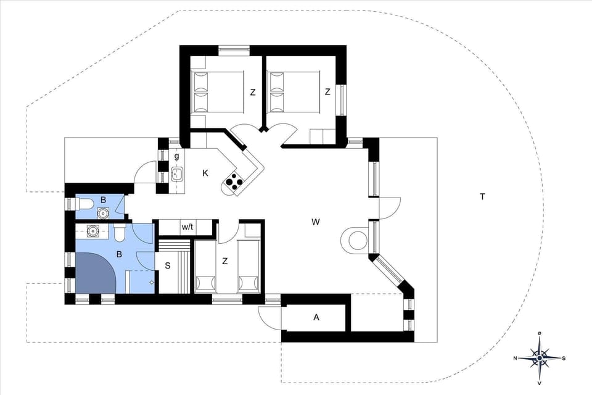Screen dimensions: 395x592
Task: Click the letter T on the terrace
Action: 482,197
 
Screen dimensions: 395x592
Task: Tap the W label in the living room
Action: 315,221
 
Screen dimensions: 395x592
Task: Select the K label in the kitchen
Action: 205,173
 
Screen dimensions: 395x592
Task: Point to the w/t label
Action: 187,227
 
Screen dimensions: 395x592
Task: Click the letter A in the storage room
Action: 316,318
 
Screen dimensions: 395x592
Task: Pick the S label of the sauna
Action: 166,267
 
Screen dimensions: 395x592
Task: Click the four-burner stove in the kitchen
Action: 235,180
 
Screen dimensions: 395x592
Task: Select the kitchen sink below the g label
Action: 177,174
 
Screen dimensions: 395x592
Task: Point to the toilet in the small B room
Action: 84,202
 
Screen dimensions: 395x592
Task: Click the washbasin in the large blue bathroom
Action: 93,232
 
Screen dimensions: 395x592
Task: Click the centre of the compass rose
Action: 540,357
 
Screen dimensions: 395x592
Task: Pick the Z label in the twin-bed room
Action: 225,261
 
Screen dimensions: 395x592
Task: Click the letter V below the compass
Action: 540,383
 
